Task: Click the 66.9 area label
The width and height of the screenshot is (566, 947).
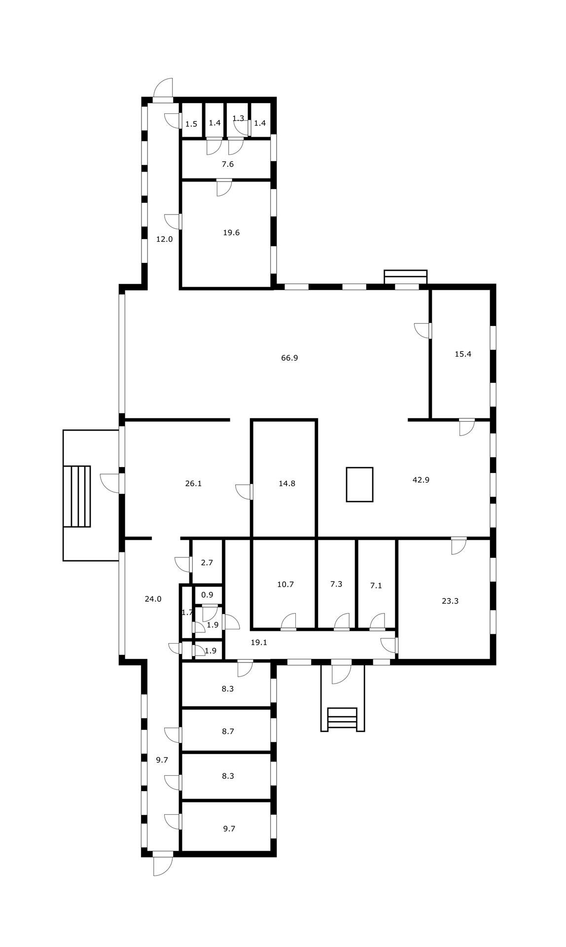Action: point(289,358)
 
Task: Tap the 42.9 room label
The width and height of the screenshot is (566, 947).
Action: point(421,479)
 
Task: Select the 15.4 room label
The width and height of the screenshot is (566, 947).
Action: point(463,354)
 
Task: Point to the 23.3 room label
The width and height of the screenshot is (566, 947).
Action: point(450,601)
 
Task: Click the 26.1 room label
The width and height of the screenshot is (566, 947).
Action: point(193,484)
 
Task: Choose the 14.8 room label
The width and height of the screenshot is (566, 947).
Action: point(287,484)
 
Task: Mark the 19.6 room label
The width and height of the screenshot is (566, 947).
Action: point(231,233)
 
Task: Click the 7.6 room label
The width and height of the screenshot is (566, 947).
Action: point(227,164)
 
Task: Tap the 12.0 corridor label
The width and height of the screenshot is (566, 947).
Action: point(165,239)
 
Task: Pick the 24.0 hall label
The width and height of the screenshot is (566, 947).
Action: point(153,599)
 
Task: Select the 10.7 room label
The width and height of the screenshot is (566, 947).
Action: point(285,584)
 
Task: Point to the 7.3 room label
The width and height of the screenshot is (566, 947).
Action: point(336,584)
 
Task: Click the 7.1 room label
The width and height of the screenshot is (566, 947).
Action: point(376,586)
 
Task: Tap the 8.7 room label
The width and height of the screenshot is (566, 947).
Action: point(228,731)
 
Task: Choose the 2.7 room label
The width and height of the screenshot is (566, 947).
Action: point(207,562)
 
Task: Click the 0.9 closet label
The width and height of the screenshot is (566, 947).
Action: point(208,595)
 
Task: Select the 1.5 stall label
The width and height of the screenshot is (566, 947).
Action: point(191,124)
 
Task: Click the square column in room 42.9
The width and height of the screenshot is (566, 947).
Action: point(359,484)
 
